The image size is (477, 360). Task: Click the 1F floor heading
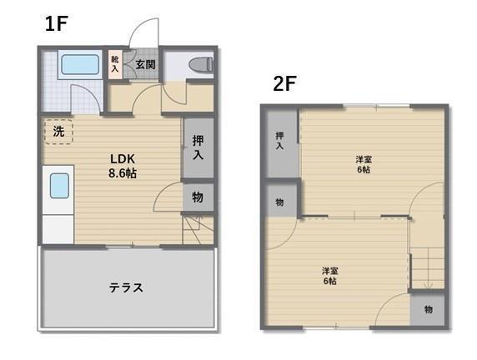(56, 23)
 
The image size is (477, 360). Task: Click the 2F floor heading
(284, 83)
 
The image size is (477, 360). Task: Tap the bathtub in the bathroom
(80, 64)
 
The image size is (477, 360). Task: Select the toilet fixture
(201, 64)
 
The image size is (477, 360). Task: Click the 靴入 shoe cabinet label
(115, 64)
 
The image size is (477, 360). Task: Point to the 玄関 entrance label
(145, 64)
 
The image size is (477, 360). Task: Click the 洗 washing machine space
(58, 131)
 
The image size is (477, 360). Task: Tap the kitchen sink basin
(59, 186)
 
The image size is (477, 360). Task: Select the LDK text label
(123, 158)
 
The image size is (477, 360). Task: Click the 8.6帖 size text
(123, 173)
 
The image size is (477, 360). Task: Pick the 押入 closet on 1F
(198, 147)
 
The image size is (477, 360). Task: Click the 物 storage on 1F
(198, 197)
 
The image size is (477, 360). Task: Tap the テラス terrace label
(126, 287)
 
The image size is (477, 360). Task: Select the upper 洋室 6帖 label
(364, 164)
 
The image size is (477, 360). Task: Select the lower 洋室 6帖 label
(330, 276)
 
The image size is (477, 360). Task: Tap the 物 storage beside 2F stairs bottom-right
(428, 309)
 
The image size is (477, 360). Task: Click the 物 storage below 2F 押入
(280, 202)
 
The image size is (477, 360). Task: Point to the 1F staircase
(198, 228)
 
